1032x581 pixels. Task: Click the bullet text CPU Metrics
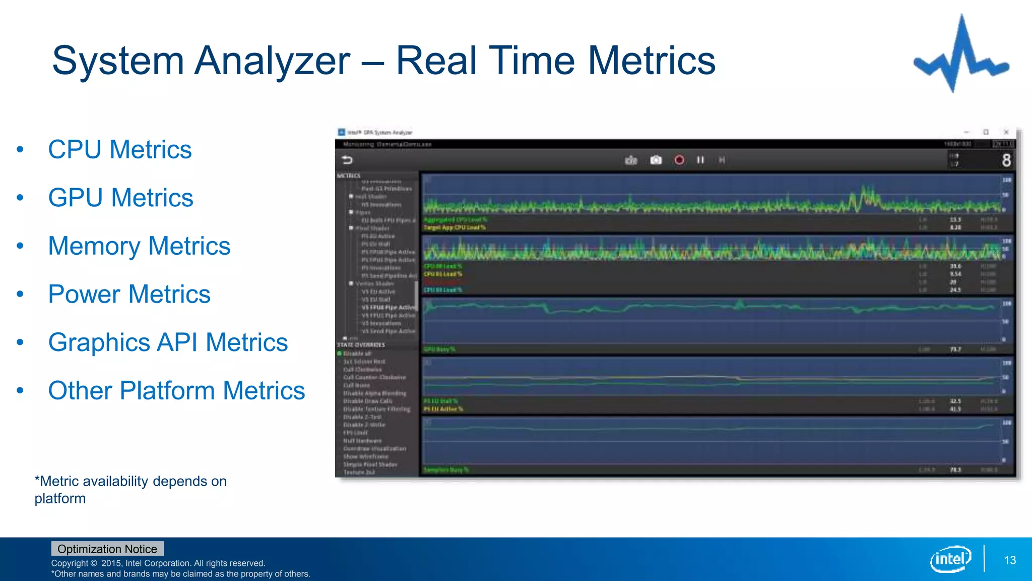point(119,150)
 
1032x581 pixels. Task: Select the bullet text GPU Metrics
point(120,198)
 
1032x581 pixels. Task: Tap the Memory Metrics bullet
point(139,246)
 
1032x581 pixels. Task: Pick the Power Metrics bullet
point(129,295)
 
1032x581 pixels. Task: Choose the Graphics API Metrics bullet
point(168,342)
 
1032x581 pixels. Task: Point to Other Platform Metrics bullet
point(176,391)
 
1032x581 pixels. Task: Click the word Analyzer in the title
point(272,61)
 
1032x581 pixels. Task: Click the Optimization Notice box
point(107,549)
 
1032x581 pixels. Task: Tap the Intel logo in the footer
point(950,559)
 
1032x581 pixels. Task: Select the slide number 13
point(1010,560)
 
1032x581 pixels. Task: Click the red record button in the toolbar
point(679,160)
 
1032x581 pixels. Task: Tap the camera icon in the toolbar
point(656,160)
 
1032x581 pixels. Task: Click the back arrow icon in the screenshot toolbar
point(347,160)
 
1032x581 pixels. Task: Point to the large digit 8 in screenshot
point(1006,160)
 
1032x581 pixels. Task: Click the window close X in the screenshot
point(1006,132)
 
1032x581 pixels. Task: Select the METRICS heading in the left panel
point(349,176)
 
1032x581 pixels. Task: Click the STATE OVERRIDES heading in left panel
point(361,345)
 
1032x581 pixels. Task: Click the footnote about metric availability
point(130,490)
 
